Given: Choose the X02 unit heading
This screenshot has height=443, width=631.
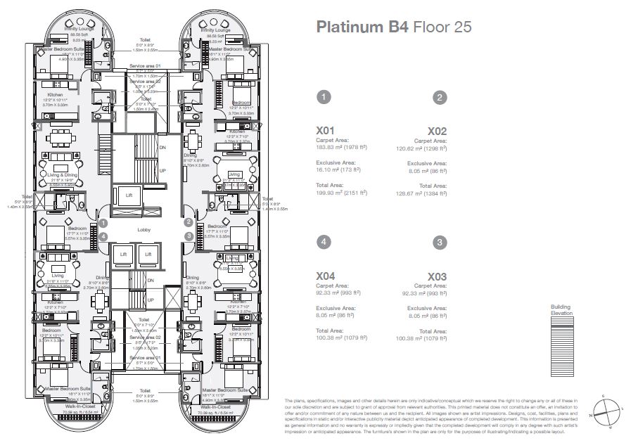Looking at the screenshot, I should pos(438,131).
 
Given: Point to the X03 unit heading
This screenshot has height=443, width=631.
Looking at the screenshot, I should pos(438,277).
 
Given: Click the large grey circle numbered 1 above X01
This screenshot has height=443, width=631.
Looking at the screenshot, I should pos(323,97).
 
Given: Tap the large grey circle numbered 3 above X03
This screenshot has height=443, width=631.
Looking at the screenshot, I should pos(440,243).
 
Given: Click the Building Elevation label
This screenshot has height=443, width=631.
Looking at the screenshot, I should pos(561,310).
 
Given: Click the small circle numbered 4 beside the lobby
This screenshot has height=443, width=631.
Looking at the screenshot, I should pos(103,237).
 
